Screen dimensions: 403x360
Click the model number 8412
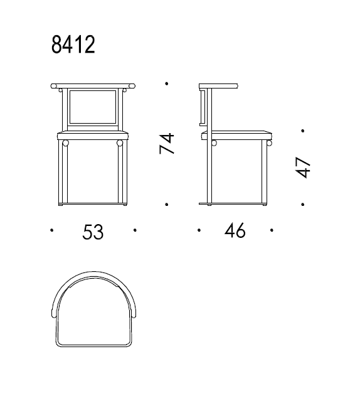pyautogui.click(x=73, y=45)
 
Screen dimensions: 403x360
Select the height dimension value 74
pyautogui.click(x=166, y=144)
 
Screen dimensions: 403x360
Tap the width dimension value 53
pyautogui.click(x=93, y=232)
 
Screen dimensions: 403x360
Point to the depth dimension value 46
pyautogui.click(x=235, y=231)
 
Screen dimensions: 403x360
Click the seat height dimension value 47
pyautogui.click(x=303, y=168)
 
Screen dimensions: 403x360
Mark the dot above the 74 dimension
pyautogui.click(x=166, y=83)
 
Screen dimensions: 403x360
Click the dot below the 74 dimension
pyautogui.click(x=166, y=204)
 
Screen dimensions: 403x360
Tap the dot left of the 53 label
pyautogui.click(x=51, y=230)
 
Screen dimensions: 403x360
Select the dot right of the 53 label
pyautogui.click(x=135, y=230)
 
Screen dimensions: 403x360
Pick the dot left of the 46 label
pyautogui.click(x=199, y=230)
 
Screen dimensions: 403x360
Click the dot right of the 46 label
pyautogui.click(x=272, y=230)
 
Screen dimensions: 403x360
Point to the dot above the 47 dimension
pyautogui.click(x=303, y=131)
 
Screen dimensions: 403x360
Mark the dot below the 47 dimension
pyautogui.click(x=303, y=204)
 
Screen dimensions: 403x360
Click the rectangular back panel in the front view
pyautogui.click(x=93, y=107)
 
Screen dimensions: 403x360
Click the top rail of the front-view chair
pyautogui.click(x=93, y=85)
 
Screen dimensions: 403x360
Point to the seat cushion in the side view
pyautogui.click(x=237, y=135)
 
